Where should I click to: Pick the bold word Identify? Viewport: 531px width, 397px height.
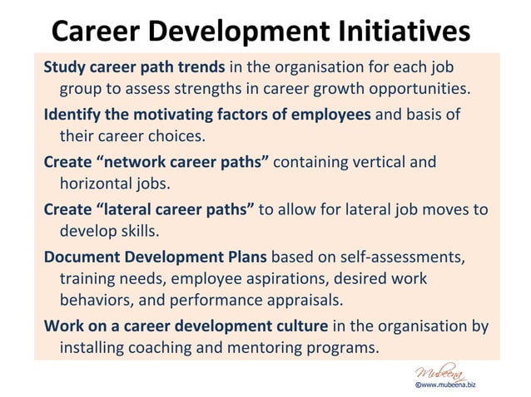(x=73, y=114)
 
